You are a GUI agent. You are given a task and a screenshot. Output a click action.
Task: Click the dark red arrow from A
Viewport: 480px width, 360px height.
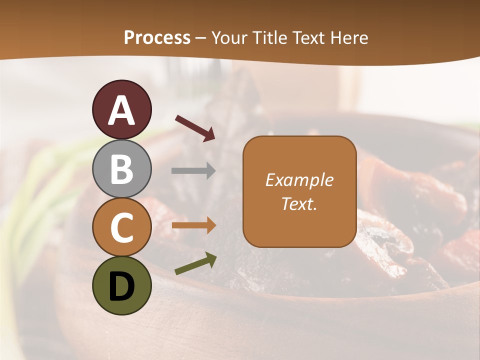195,128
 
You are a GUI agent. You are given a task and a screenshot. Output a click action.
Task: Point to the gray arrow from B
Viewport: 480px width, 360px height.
193,171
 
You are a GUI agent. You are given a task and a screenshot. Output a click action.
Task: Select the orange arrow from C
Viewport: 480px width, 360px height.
193,225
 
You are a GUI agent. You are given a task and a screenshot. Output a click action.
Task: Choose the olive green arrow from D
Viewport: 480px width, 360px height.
195,264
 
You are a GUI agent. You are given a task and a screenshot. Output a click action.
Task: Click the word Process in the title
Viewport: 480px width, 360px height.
157,37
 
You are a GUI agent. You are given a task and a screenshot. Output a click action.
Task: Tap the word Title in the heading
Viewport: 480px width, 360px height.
268,37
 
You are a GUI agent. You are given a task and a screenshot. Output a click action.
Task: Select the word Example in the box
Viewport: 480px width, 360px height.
299,180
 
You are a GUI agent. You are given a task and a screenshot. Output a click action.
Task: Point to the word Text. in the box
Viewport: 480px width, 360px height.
299,203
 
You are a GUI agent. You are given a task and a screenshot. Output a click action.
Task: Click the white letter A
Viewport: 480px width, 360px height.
122,110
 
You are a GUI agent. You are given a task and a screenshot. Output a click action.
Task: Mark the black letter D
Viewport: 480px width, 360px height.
122,286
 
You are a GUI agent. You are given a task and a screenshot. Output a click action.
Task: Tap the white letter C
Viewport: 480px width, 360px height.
122,228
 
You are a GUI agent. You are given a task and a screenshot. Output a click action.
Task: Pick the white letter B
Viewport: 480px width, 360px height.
122,169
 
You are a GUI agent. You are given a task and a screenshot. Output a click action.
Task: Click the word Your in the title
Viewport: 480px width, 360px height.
229,37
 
